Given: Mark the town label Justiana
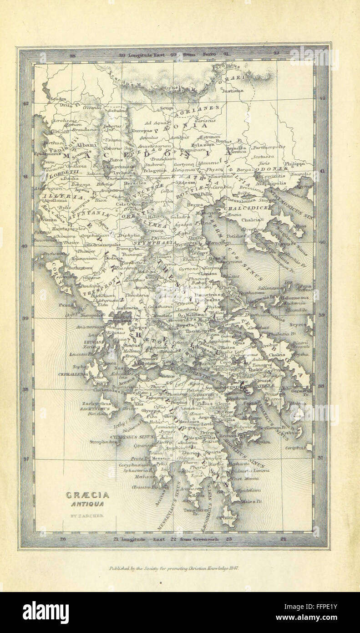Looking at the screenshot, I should (x=229, y=91).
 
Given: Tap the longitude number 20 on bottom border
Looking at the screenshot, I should (x=63, y=539).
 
